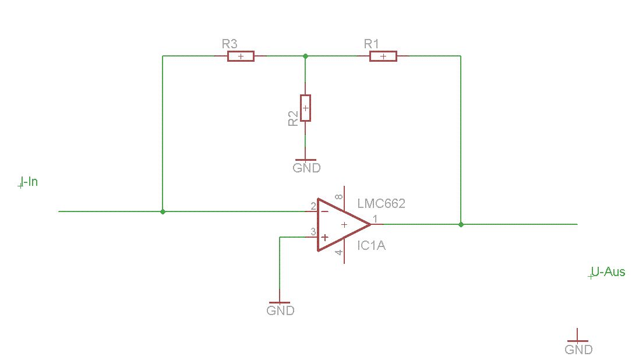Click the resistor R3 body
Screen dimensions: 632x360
point(241,56)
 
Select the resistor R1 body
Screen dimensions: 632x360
point(383,56)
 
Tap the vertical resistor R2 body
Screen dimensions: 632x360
point(306,108)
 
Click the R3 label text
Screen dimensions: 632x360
point(230,44)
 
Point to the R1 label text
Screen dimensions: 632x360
point(372,44)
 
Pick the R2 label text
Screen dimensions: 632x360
point(293,118)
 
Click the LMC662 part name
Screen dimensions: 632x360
point(382,203)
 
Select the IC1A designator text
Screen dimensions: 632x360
point(372,245)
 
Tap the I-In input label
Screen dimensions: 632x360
point(29,182)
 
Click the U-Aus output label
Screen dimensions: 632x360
point(608,272)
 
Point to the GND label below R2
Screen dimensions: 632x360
point(307,168)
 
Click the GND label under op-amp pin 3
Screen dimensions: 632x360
point(281,310)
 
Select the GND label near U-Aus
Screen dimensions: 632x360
point(579,349)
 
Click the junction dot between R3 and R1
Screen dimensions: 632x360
point(306,56)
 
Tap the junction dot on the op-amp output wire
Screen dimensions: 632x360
point(461,224)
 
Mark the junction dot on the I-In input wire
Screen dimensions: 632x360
point(163,211)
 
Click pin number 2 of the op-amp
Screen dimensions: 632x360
point(313,207)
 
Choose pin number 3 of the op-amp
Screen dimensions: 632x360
point(313,232)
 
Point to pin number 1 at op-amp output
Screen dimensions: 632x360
point(375,219)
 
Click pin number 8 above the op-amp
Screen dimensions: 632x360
point(340,197)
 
